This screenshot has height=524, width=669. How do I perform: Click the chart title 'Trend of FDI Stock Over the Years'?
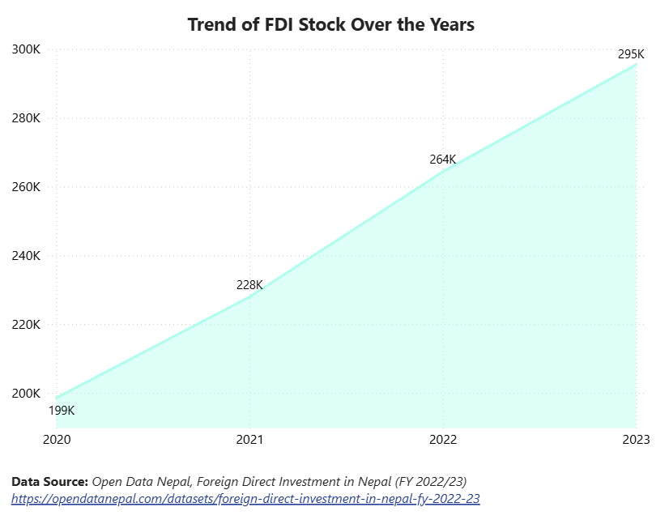pyautogui.click(x=330, y=24)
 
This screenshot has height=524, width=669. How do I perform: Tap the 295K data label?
pyautogui.click(x=631, y=54)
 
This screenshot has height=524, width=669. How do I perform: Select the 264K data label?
pyautogui.click(x=443, y=160)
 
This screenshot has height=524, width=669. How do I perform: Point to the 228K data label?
pyautogui.click(x=249, y=285)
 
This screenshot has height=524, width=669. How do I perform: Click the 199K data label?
pyautogui.click(x=62, y=411)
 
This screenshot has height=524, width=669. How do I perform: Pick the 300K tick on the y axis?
pyautogui.click(x=26, y=49)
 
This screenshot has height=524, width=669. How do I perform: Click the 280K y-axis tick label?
pyautogui.click(x=26, y=118)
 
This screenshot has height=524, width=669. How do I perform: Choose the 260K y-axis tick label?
pyautogui.click(x=26, y=187)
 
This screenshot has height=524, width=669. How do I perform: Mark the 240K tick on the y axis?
pyautogui.click(x=26, y=256)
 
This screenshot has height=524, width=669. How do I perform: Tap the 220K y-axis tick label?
pyautogui.click(x=26, y=325)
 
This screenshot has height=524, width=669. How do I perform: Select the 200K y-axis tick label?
pyautogui.click(x=26, y=394)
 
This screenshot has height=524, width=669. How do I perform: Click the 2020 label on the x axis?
pyautogui.click(x=56, y=440)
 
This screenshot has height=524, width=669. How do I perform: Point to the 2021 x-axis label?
pyautogui.click(x=249, y=440)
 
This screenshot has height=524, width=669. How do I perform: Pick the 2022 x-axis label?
pyautogui.click(x=443, y=440)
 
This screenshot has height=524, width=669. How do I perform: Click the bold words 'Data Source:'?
pyautogui.click(x=49, y=481)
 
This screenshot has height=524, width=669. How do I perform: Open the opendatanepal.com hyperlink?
pyautogui.click(x=245, y=499)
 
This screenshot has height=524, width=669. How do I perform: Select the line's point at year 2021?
pyautogui.click(x=249, y=296)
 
